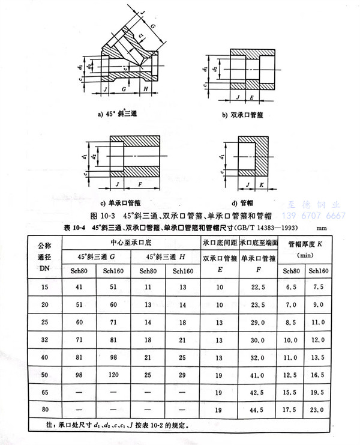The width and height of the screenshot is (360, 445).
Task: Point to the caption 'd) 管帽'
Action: [248, 203]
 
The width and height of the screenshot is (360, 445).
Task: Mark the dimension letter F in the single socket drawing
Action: [139, 183]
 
